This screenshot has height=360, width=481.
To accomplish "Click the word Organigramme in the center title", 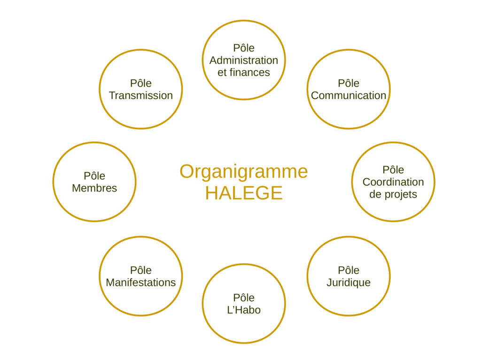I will pos(243,172).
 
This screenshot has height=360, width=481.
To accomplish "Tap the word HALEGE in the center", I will pos(243,193).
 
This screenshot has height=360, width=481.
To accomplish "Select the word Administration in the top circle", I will pos(243,60).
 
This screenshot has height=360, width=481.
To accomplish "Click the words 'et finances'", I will pos(243,72).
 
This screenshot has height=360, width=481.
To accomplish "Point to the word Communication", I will pos(348,95).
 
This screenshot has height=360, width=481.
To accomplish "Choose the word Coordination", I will pos(393,182).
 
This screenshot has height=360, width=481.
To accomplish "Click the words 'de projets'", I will pos(393,194).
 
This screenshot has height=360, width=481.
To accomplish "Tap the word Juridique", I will pos(348,283).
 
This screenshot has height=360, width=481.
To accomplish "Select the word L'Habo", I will pos(243,310).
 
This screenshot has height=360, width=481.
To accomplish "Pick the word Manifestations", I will pos(140,283).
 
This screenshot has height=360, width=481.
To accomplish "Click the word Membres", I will pos(94,188).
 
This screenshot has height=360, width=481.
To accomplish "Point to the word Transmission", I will pos(140,95).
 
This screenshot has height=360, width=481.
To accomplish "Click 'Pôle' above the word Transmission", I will pos(140,83).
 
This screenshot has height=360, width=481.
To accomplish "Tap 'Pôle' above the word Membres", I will pos(94,176).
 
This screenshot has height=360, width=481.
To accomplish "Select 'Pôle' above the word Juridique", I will pos(348,270).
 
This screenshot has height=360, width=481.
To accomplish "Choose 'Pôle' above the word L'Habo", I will pos(243,298).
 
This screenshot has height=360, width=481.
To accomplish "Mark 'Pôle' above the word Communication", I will pos(348,83).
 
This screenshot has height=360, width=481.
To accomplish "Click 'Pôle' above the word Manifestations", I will pos(140,270).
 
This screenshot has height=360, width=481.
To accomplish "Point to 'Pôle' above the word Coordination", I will pos(393,169).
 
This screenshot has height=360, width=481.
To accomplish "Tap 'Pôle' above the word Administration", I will pos(243,48).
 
